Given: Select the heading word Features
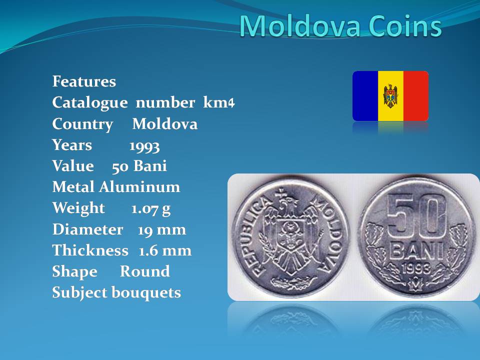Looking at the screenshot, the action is [84, 81].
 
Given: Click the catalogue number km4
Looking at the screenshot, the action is [219, 102].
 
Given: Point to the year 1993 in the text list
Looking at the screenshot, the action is [144, 146].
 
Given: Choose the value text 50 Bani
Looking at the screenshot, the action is [139, 166].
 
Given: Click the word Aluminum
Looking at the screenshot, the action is [139, 186].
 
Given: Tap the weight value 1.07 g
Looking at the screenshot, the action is [151, 209].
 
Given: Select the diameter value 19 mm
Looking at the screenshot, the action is [162, 229].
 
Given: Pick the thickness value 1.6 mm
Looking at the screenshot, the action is [165, 250].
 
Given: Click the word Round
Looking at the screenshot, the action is [145, 271].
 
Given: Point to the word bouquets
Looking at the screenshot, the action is [146, 293].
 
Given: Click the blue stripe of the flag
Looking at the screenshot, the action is [365, 96].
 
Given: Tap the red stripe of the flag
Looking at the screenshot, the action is [416, 96].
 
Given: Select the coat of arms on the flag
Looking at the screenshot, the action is [390, 96].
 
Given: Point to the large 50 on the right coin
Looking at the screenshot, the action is [416, 215].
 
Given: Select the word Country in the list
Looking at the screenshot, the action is [82, 124].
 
